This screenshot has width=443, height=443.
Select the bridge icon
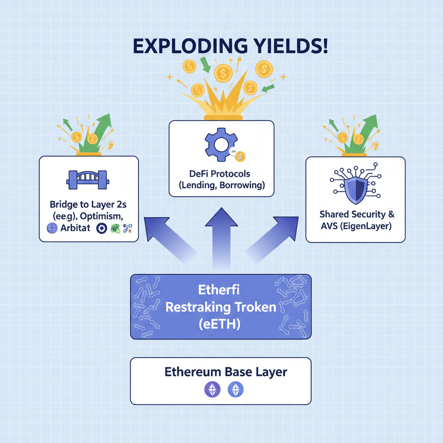pos(88,179)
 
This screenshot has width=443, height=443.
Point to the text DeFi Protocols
pos(220,174)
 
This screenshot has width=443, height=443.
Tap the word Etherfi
pos(221,290)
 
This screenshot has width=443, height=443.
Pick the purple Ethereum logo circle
pos(212,390)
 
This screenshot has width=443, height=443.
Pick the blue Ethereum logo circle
pos(236,390)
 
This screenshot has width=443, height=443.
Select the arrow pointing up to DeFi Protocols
pos(221,234)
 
